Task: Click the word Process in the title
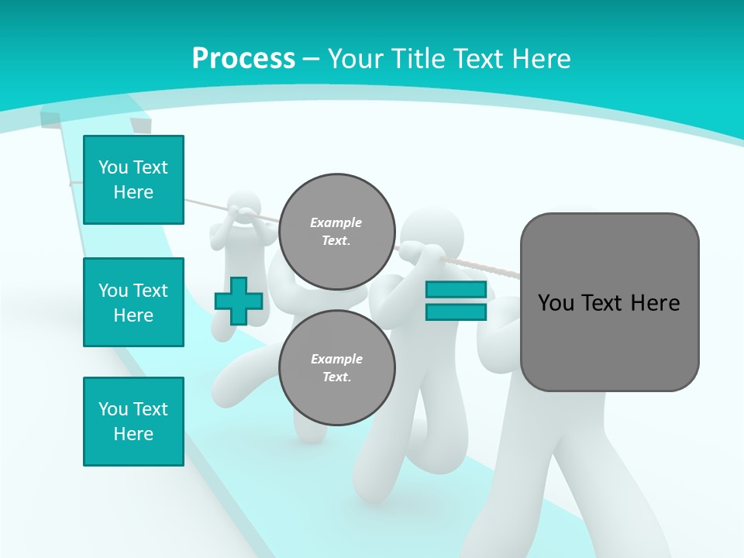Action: pos(243,58)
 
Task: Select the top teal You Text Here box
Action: pos(133,180)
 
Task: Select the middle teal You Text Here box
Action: pos(133,302)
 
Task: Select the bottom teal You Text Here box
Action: pos(133,421)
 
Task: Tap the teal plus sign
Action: pos(238,301)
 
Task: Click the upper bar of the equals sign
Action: pos(456,290)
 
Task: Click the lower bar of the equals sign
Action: pos(456,312)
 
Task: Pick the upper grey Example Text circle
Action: pos(336,231)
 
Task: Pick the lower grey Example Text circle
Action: pos(336,367)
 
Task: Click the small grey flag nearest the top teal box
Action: pos(140,126)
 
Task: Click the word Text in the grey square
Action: pos(608,303)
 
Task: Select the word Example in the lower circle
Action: pos(336,359)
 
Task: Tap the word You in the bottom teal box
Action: pos(113,409)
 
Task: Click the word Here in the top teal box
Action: pos(133,192)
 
